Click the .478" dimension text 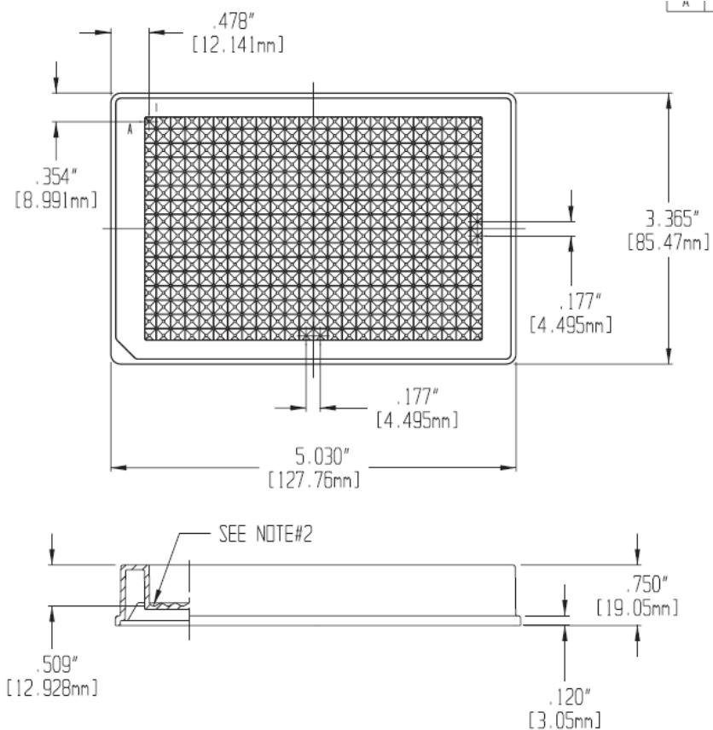(x=232, y=21)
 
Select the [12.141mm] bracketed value (x=237, y=45)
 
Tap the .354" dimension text (x=56, y=177)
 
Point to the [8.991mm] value (x=56, y=200)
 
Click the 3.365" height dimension (x=671, y=218)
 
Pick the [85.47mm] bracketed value (x=669, y=242)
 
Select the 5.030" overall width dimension (x=322, y=456)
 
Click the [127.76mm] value (x=315, y=479)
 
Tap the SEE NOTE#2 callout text (x=265, y=534)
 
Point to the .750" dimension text (x=646, y=585)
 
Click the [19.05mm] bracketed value (x=638, y=607)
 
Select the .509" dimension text (x=57, y=664)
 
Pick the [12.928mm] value (x=52, y=687)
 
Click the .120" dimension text (x=569, y=698)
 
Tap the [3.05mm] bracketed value (x=565, y=720)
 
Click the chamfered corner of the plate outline (x=125, y=349)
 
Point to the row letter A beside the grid (x=130, y=130)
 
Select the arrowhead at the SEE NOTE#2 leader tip (x=155, y=600)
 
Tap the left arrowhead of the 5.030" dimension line (x=119, y=467)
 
